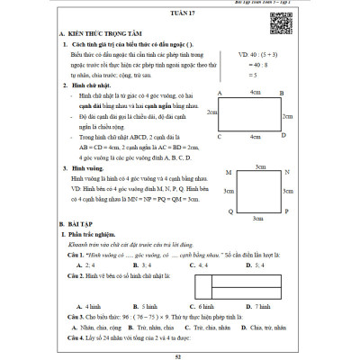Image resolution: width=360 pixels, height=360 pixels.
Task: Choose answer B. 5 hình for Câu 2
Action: [x=136, y=307]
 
